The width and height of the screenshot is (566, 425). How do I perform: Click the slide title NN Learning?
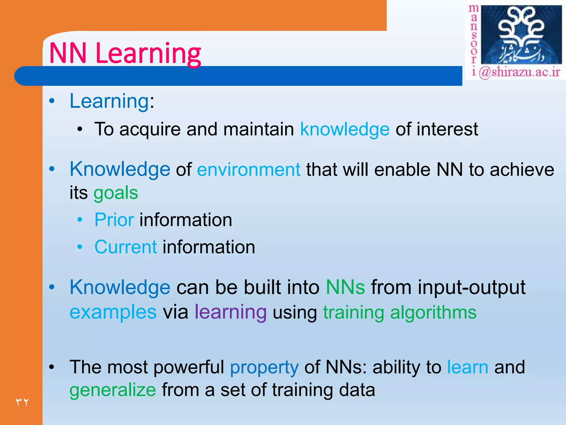pos(125,53)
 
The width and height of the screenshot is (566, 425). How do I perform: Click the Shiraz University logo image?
pos(521,35)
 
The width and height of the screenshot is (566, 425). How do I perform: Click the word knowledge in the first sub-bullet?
pos(345,129)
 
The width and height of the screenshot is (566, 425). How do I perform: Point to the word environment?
pos(248,170)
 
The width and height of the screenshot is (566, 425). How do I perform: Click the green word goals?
pos(116,193)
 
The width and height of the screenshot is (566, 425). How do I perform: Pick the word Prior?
pos(114,220)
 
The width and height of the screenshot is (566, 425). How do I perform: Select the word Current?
pos(126,247)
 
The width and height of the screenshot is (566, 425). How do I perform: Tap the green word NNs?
pos(345,287)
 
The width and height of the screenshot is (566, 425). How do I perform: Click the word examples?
pos(113,312)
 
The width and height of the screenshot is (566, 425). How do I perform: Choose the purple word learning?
pos(230,312)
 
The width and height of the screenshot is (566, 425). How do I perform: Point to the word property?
pos(264,367)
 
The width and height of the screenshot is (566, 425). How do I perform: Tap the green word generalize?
pos(113,390)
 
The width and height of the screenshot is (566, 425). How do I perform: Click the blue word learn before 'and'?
pos(467,367)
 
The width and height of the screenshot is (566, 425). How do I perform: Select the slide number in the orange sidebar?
pos(22,402)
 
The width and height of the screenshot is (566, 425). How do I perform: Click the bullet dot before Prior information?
pos(80,220)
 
